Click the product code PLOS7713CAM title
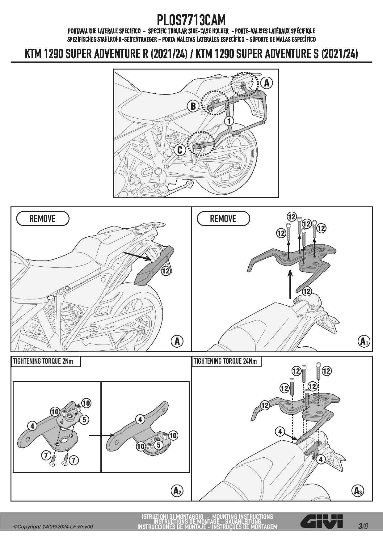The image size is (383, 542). [x=191, y=20]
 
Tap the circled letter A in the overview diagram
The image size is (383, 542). [x=267, y=83]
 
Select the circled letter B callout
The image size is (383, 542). [x=193, y=106]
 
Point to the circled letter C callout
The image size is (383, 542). [x=180, y=150]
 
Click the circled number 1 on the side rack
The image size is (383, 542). [x=229, y=121]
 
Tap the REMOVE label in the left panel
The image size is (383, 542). [x=42, y=219]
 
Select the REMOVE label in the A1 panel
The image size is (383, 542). [x=223, y=219]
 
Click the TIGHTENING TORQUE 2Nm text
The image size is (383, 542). [x=43, y=361]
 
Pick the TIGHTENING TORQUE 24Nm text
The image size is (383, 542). [x=225, y=361]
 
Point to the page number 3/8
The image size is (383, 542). [x=363, y=526]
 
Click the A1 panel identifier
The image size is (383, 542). [x=364, y=341]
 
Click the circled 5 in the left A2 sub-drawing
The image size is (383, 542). [x=84, y=420]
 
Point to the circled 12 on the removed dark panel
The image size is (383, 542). [x=166, y=271]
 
